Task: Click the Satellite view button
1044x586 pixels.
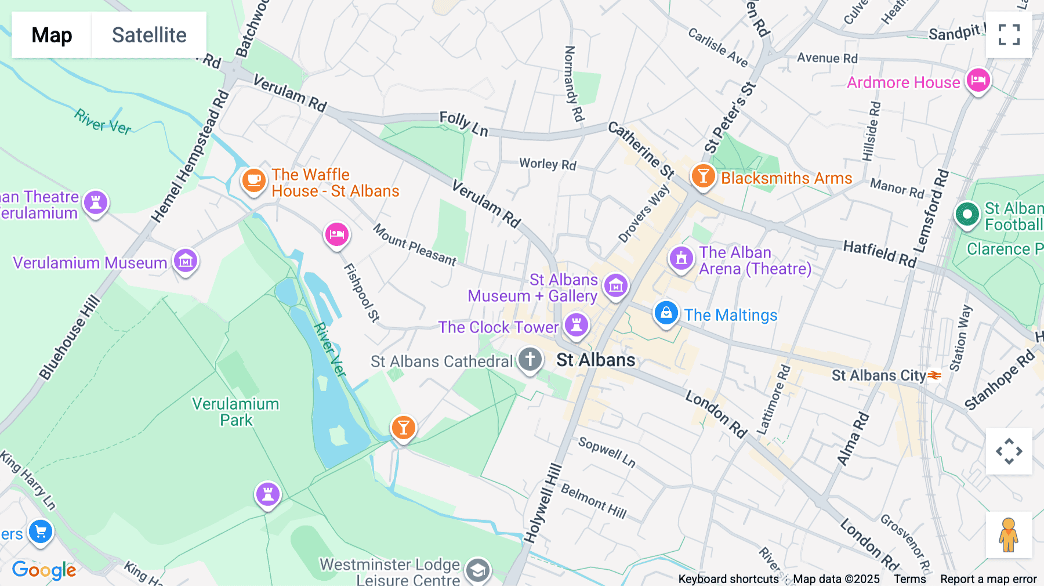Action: tap(149, 35)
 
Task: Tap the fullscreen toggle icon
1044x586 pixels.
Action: tap(1009, 35)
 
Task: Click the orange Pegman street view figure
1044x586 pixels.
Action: tap(1009, 534)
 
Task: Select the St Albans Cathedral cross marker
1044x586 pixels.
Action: tap(530, 359)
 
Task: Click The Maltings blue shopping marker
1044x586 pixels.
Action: tap(666, 313)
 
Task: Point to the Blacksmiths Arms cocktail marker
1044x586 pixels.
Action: tap(703, 175)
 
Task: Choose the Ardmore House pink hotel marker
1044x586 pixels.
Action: tap(978, 81)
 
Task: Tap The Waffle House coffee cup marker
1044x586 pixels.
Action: tap(253, 180)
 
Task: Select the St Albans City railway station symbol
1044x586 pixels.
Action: tap(934, 375)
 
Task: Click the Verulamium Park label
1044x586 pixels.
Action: tap(235, 412)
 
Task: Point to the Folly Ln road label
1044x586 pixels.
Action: tap(463, 124)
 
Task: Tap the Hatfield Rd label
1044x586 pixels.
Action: tap(879, 254)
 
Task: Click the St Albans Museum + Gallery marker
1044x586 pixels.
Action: tap(615, 285)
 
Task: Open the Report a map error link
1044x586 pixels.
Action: tap(988, 578)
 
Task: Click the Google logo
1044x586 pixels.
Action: tap(44, 570)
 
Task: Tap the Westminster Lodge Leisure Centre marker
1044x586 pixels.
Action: tap(477, 570)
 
